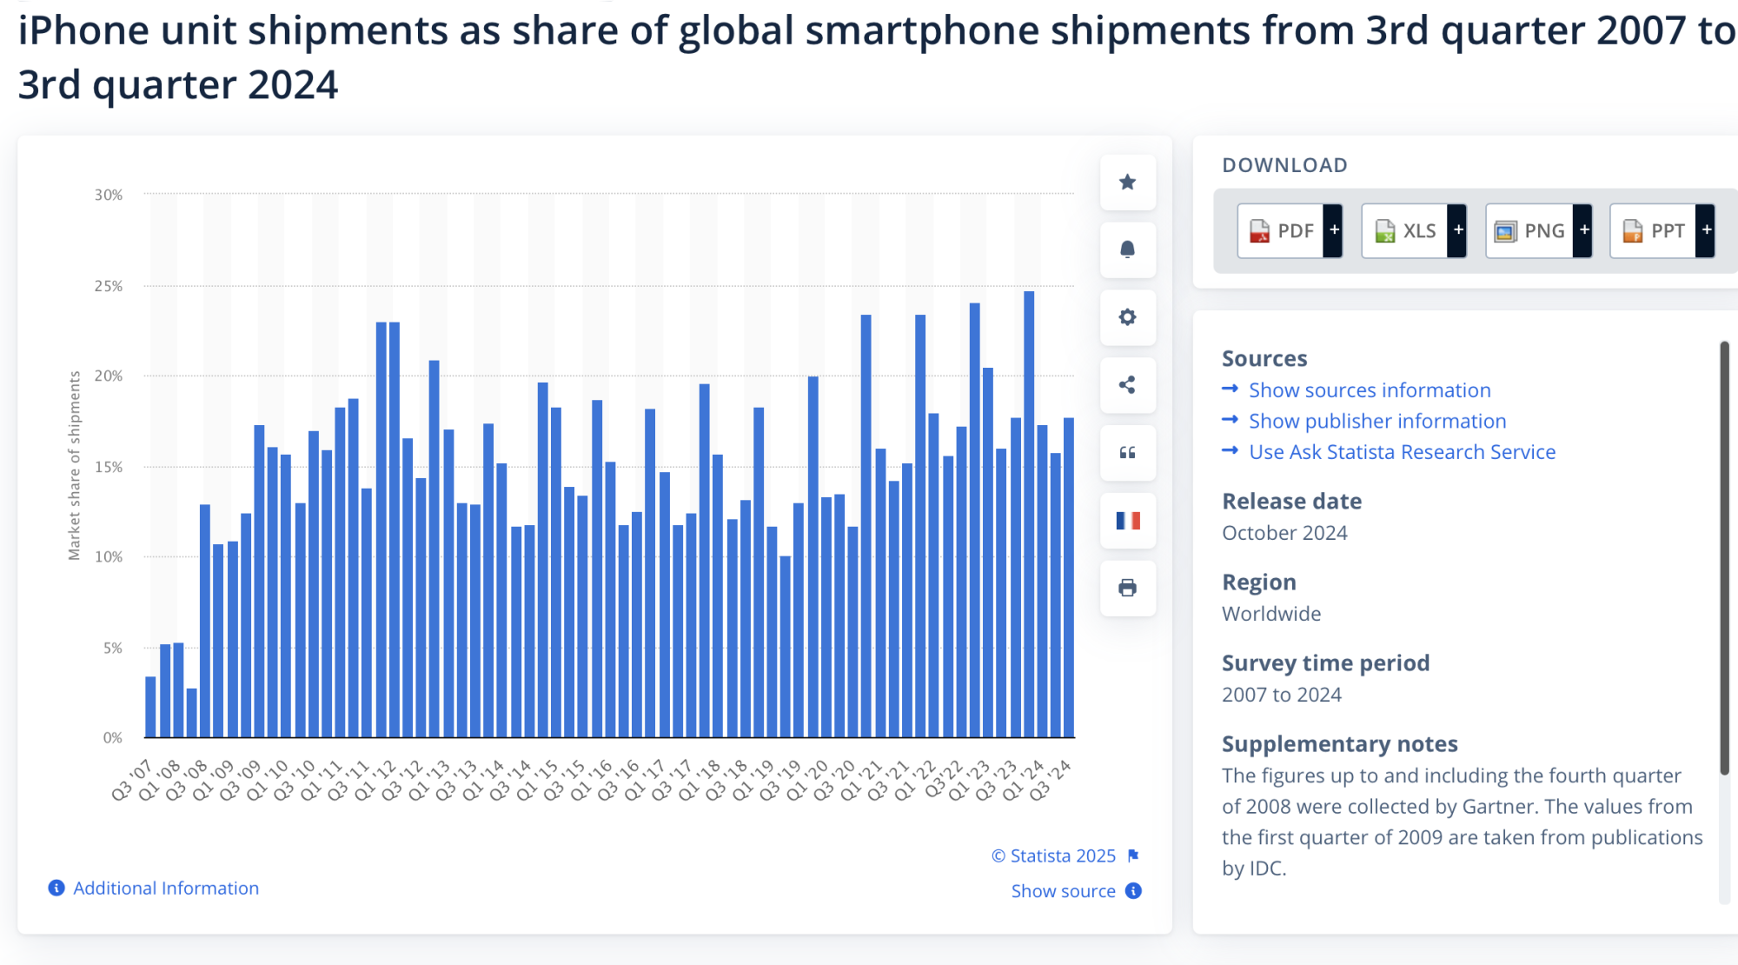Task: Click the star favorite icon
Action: coord(1127,183)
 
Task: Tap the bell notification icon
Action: coord(1127,250)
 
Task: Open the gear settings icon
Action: coord(1127,317)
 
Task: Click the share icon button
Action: coord(1127,385)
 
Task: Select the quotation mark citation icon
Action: coord(1127,453)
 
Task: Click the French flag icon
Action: coord(1127,521)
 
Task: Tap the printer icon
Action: coord(1127,589)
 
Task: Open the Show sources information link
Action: coord(1369,390)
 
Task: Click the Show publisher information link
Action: coord(1376,422)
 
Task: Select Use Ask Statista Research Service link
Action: coord(1401,452)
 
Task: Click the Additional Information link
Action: coord(165,888)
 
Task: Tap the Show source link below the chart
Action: coord(1063,891)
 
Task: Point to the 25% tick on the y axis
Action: coord(109,286)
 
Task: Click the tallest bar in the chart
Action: coord(1029,513)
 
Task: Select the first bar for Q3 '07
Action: coord(150,707)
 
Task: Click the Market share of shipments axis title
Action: coord(75,465)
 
